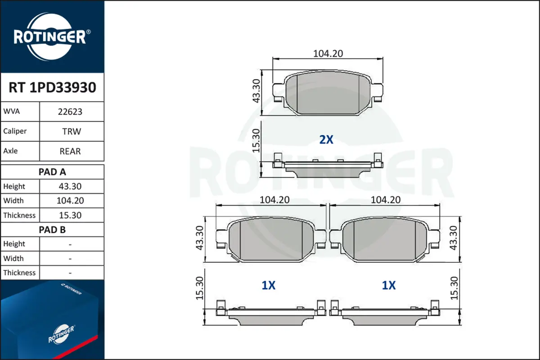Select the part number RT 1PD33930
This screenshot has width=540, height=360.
point(52,88)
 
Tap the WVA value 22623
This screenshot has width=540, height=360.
point(70,112)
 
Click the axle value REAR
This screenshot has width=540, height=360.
point(70,151)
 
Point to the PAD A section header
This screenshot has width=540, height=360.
point(52,172)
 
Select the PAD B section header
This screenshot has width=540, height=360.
point(52,229)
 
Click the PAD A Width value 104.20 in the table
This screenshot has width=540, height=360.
point(70,201)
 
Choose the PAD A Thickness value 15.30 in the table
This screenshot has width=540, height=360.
point(70,215)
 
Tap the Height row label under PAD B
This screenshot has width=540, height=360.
point(14,244)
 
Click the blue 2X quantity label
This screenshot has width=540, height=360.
point(326,140)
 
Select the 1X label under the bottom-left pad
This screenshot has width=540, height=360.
point(268,285)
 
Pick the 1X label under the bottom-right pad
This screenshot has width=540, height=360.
point(388,285)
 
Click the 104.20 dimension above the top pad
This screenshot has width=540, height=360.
point(328,53)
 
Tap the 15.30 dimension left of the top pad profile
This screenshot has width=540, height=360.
point(256,140)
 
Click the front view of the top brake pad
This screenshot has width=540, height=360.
point(328,93)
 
